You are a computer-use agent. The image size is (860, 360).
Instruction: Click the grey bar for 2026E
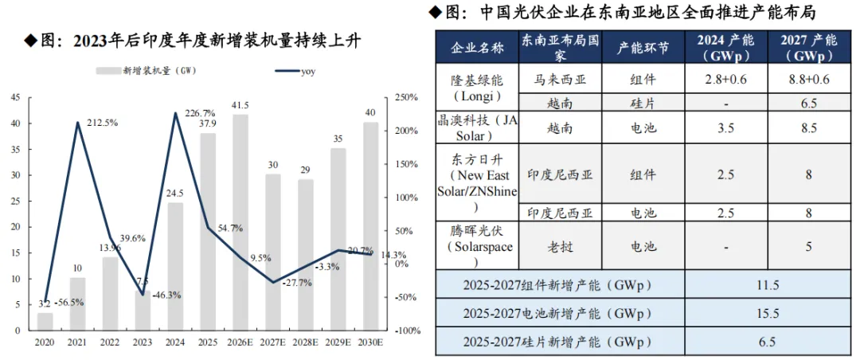tap(240, 222)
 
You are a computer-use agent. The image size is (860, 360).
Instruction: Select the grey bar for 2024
tap(175, 267)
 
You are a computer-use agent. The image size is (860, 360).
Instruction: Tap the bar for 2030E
tap(371, 226)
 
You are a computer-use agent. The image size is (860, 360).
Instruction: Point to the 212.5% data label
tap(104, 123)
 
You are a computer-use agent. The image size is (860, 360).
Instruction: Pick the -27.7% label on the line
tap(298, 284)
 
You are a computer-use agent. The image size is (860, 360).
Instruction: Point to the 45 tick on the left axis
tap(16, 98)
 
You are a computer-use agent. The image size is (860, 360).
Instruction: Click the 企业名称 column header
tap(477, 48)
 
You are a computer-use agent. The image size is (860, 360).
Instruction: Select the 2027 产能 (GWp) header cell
tap(809, 48)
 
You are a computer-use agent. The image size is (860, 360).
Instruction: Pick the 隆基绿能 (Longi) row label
tap(476, 88)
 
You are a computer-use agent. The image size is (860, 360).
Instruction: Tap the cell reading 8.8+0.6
tap(809, 79)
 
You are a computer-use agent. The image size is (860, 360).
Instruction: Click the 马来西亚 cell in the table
tap(560, 79)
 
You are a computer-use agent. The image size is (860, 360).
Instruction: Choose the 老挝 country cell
tap(560, 246)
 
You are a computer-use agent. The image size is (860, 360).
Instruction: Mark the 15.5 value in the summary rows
tap(768, 314)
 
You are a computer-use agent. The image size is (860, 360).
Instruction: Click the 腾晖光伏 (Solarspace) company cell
tap(476, 247)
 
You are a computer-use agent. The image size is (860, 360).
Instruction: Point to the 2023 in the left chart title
tap(90, 41)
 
